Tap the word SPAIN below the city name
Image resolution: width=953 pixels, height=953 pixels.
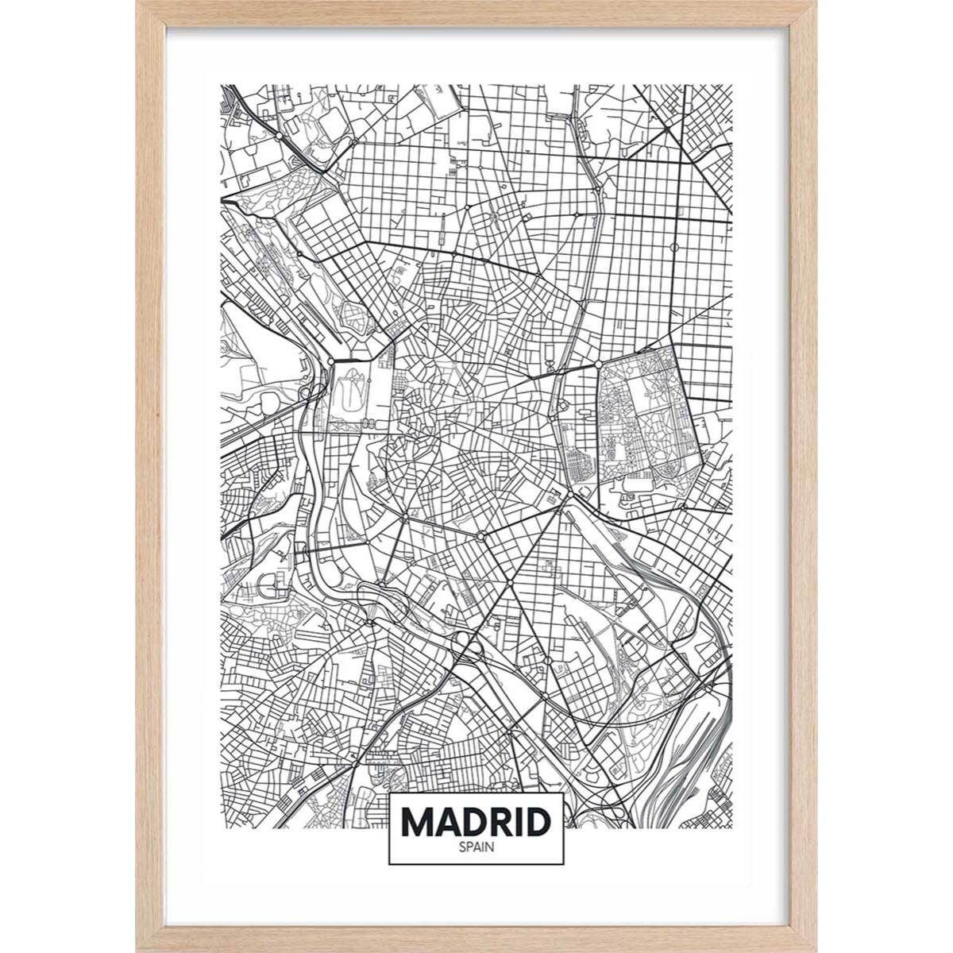(x=476, y=847)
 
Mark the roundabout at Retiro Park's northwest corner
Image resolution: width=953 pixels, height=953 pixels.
(x=598, y=364)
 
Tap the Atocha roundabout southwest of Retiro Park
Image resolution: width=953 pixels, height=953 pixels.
(x=569, y=496)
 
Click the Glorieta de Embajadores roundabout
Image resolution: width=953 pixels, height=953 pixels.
(x=480, y=538)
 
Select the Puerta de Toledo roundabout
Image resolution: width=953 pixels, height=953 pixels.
(x=404, y=518)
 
